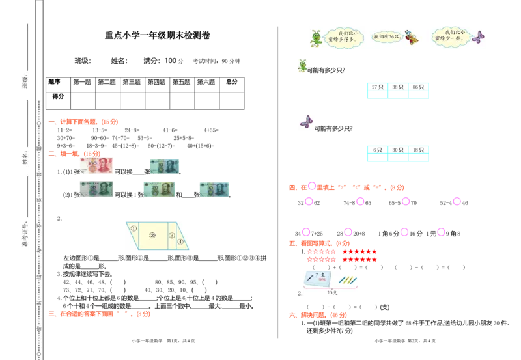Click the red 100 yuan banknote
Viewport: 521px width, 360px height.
click(96, 167)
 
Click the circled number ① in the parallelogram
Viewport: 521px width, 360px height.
click(134, 228)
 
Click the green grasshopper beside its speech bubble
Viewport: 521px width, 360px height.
click(316, 38)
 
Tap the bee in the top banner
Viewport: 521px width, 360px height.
click(411, 37)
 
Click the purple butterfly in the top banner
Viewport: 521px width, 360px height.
click(479, 37)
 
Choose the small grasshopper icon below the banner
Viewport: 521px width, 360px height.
click(302, 64)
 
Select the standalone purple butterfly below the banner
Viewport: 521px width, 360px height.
click(306, 121)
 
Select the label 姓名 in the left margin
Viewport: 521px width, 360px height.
click(25, 158)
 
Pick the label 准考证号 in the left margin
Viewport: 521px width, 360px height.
click(25, 236)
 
